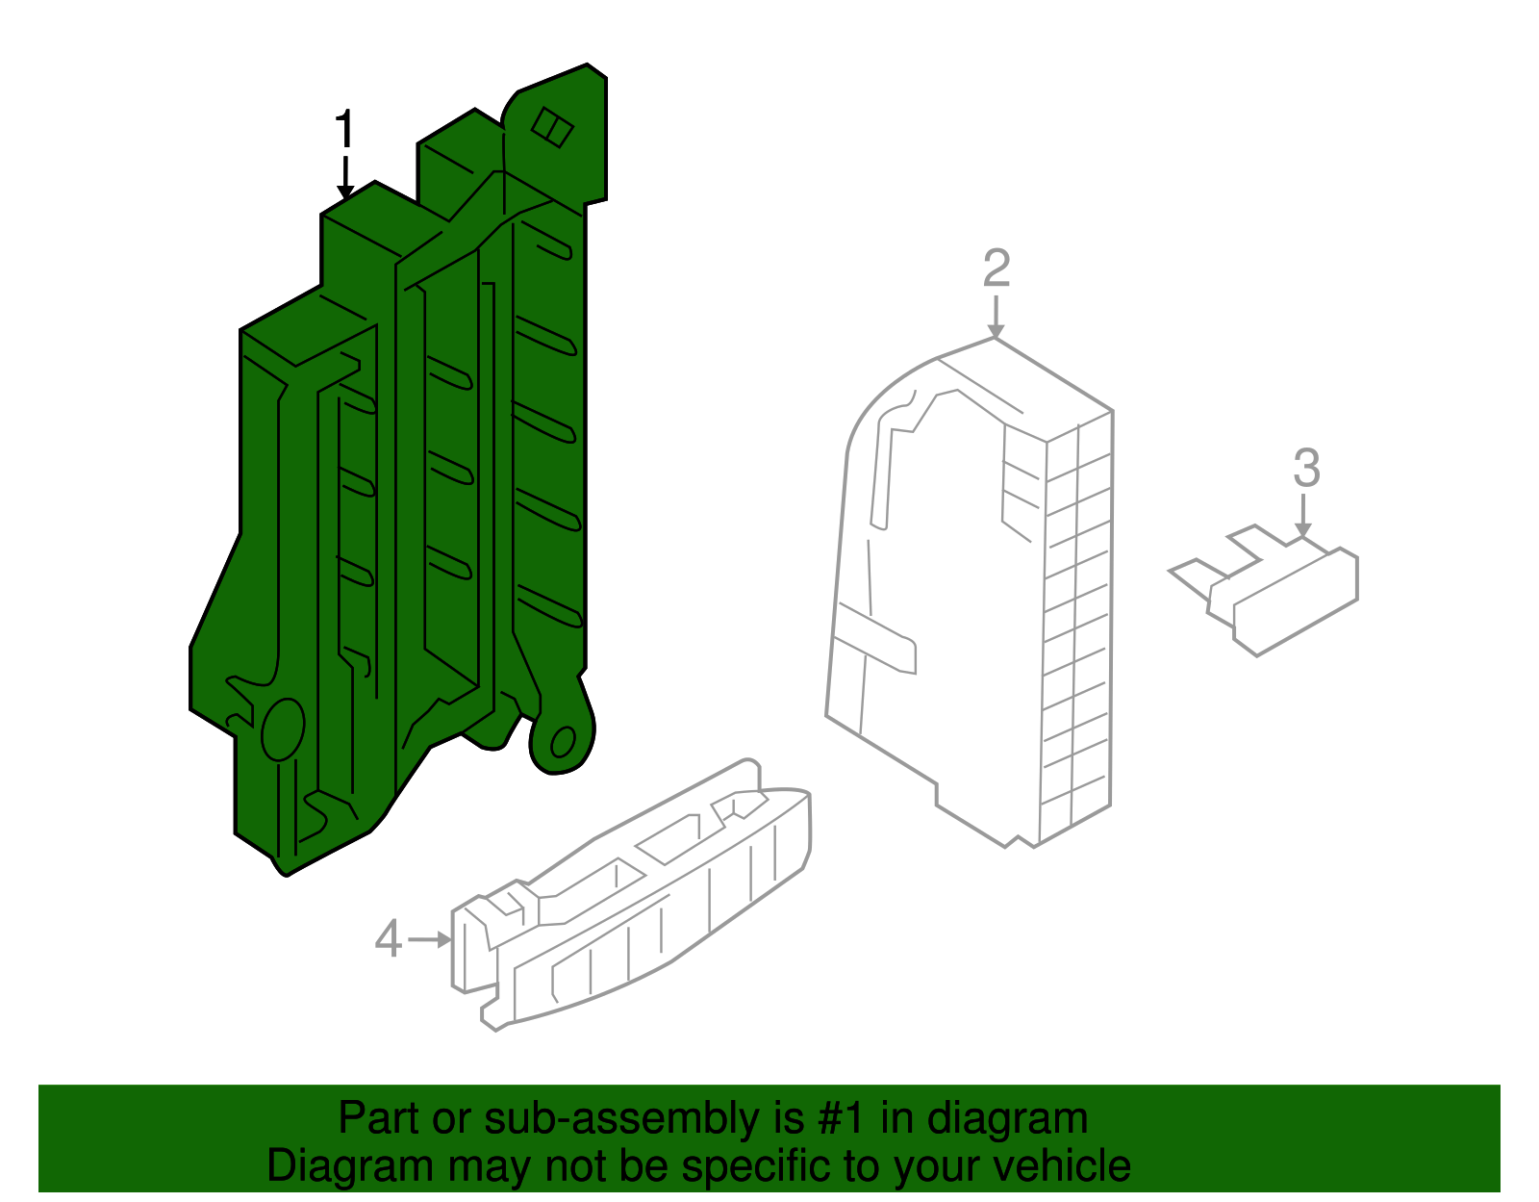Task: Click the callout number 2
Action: tap(996, 268)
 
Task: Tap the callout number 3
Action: tap(1306, 468)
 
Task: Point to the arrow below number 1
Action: tap(345, 178)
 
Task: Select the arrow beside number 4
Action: tap(431, 939)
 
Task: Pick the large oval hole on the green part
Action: tap(283, 729)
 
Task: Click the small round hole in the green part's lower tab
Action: tap(563, 742)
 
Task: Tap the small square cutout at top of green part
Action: tap(552, 127)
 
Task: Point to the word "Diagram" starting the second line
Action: tap(350, 1166)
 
